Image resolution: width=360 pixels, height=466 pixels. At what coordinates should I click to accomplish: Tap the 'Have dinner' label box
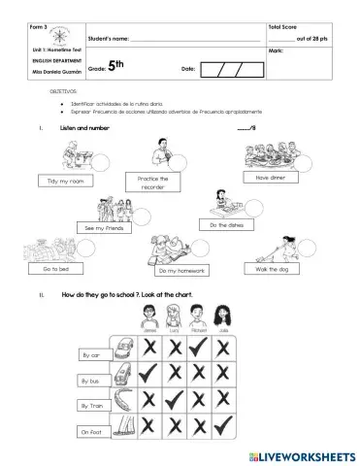269,178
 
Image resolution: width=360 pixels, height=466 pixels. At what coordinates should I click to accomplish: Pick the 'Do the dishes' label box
225,225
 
